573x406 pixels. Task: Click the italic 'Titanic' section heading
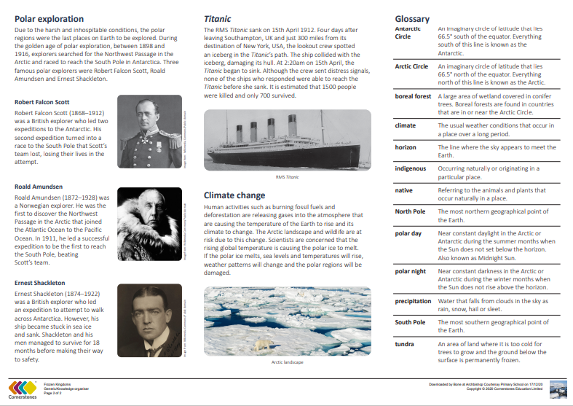tap(217, 18)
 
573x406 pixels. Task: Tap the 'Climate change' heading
tap(234, 195)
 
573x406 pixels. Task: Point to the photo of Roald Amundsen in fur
tap(149, 225)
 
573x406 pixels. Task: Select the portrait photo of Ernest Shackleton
tap(149, 320)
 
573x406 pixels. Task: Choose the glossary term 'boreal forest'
tap(413, 96)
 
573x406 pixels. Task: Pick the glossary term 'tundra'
tap(404, 343)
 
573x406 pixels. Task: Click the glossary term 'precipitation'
tap(413, 300)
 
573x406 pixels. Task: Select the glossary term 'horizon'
tap(406, 147)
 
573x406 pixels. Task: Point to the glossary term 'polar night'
tap(411, 271)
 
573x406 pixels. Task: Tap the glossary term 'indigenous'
tap(411, 168)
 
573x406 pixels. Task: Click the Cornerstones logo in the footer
tap(22, 387)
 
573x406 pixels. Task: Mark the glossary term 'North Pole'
tap(410, 211)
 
